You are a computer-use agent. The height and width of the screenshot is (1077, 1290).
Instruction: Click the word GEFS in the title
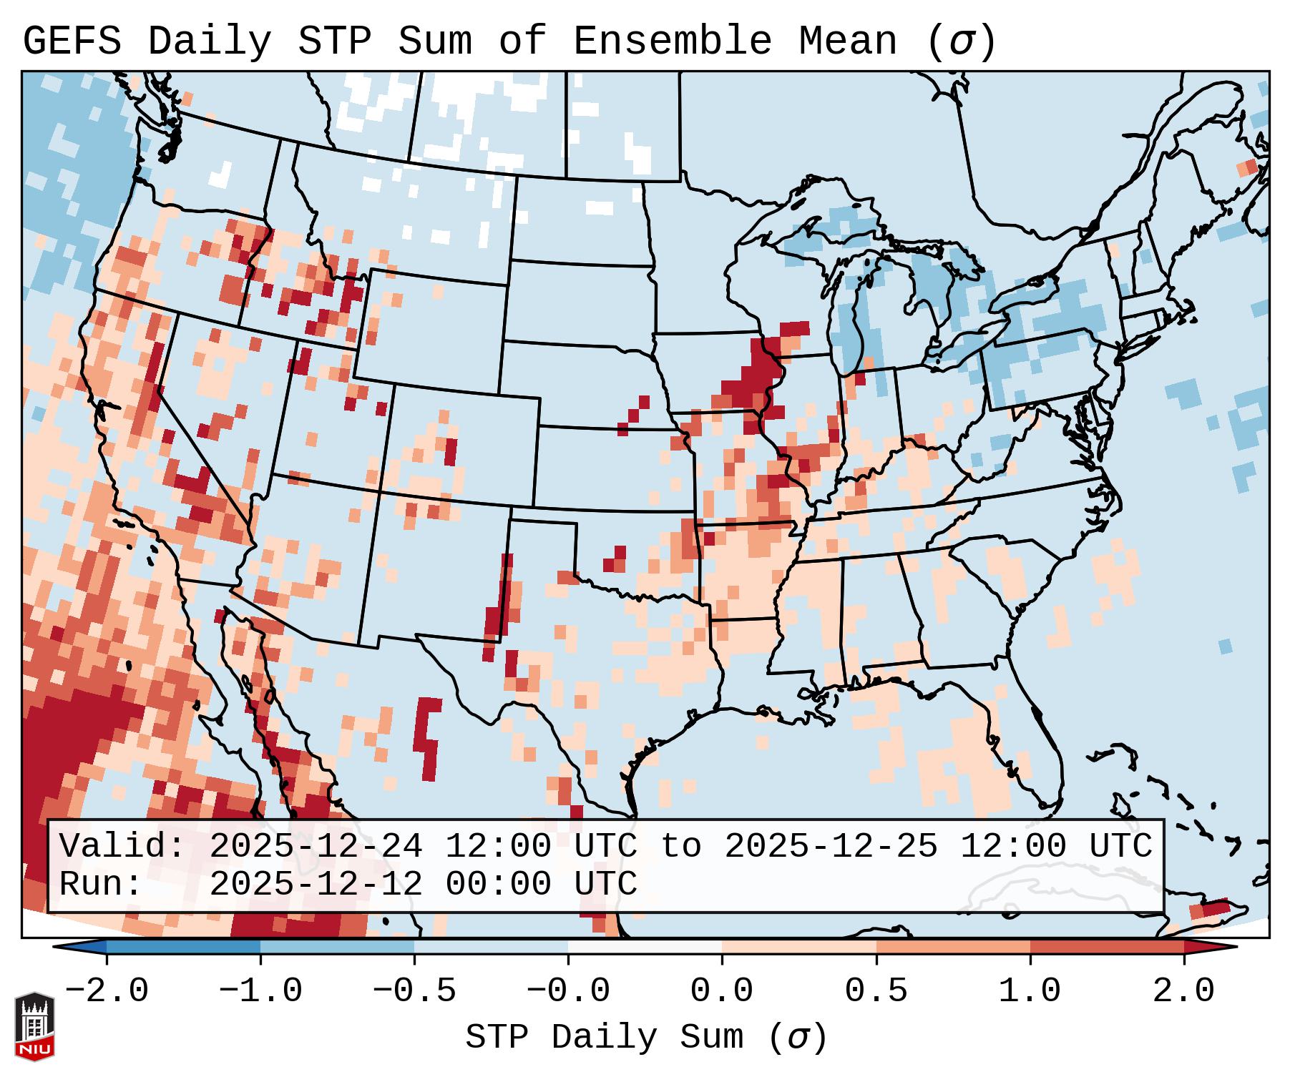[x=72, y=41]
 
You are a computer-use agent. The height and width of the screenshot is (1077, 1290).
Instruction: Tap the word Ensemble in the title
[x=673, y=41]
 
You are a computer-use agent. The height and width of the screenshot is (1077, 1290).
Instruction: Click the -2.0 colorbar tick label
[x=107, y=991]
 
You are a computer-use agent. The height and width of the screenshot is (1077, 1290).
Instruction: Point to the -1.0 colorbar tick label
[x=260, y=991]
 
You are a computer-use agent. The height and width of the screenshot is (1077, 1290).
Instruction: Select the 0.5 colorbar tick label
[x=876, y=991]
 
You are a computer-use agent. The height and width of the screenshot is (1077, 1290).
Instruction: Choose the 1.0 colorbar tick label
[x=1030, y=991]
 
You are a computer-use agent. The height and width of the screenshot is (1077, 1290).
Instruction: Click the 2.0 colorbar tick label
[x=1184, y=991]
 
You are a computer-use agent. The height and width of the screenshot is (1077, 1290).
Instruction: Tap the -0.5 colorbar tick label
[x=414, y=991]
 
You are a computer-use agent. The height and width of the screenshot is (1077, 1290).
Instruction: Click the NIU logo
[x=34, y=1027]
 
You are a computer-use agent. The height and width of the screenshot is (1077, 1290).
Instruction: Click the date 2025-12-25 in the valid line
[x=831, y=847]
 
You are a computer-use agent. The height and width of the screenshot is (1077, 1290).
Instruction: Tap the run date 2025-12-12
[x=316, y=885]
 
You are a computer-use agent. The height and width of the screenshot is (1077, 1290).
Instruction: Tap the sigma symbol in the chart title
[x=961, y=41]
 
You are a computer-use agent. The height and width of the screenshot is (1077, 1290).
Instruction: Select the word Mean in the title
[x=848, y=41]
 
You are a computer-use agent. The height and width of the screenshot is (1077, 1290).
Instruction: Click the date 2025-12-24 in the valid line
[x=316, y=847]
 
